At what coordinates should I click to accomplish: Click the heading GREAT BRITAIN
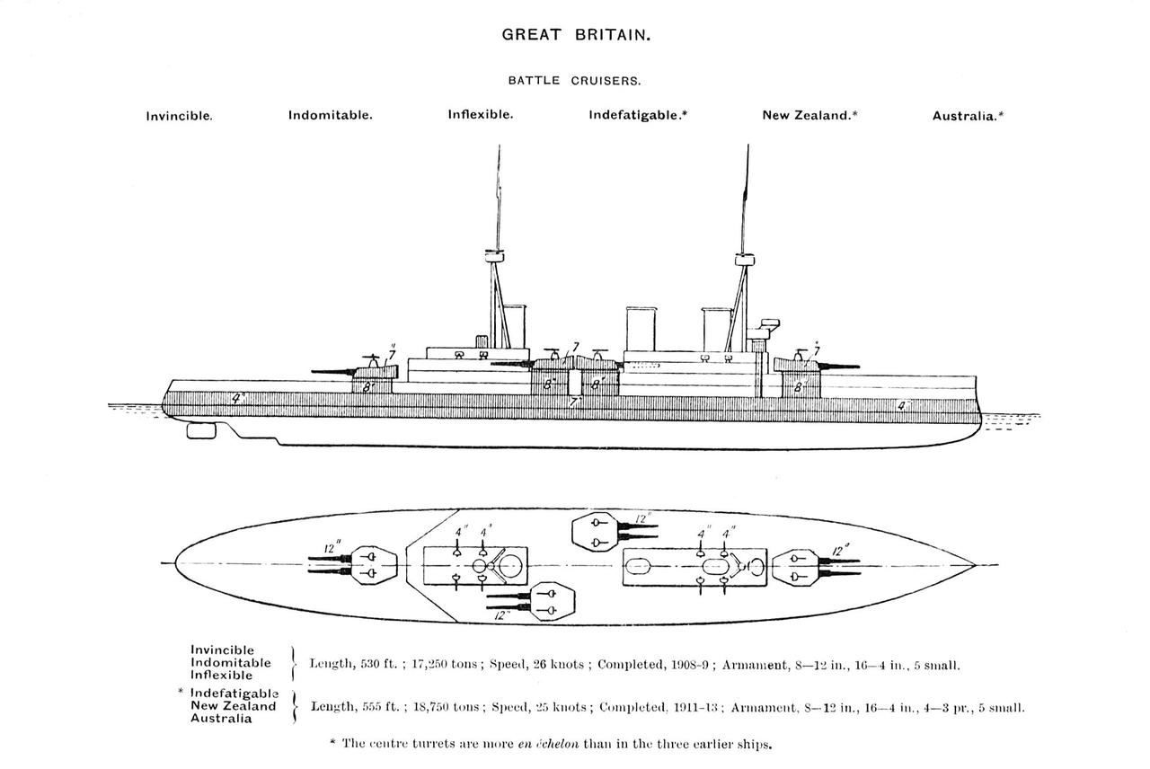pos(576,35)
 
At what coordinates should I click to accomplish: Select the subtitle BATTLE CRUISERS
pos(574,81)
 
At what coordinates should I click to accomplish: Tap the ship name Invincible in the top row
pos(179,116)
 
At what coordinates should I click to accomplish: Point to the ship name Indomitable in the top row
pos(330,115)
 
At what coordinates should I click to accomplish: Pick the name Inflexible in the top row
pos(481,114)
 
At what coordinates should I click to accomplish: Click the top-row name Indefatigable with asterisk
pos(638,115)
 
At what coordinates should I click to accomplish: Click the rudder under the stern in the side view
pos(201,430)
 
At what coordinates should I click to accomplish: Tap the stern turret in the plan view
pos(375,565)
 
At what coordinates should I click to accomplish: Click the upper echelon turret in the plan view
pos(595,531)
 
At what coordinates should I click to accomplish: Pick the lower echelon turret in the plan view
pos(552,602)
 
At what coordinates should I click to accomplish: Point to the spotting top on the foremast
pos(746,260)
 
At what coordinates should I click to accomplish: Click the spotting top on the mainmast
pos(494,256)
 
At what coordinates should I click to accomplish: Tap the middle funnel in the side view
pos(641,329)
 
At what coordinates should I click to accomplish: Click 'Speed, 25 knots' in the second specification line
pos(539,707)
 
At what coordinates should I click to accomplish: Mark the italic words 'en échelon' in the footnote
pos(548,743)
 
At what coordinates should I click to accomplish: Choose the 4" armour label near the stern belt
pos(237,398)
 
